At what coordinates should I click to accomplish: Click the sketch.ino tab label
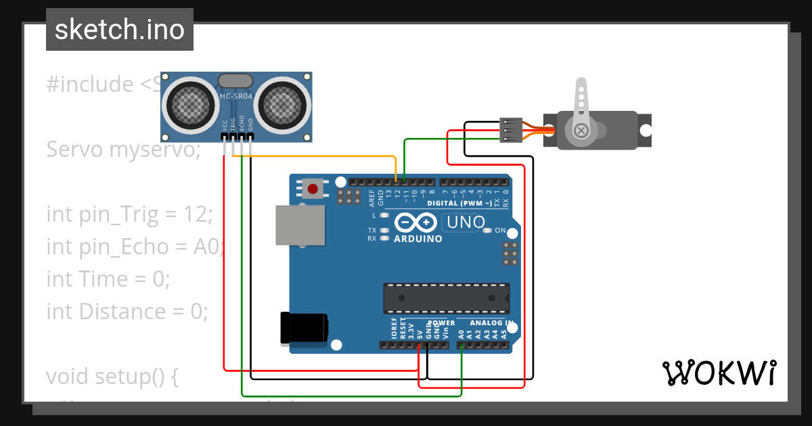pyautogui.click(x=119, y=30)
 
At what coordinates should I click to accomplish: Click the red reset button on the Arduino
pyautogui.click(x=313, y=189)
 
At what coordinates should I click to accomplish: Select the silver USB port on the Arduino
pyautogui.click(x=300, y=225)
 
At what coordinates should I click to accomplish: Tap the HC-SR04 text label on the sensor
pyautogui.click(x=235, y=97)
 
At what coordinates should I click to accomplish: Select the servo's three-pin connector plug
pyautogui.click(x=511, y=130)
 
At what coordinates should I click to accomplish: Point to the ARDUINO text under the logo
pyautogui.click(x=418, y=239)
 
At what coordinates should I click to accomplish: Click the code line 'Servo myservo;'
pyautogui.click(x=123, y=149)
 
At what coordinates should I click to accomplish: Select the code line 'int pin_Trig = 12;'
pyautogui.click(x=129, y=214)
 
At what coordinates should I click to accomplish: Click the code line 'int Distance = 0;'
pyautogui.click(x=127, y=312)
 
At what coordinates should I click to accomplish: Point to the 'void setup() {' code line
pyautogui.click(x=112, y=377)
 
